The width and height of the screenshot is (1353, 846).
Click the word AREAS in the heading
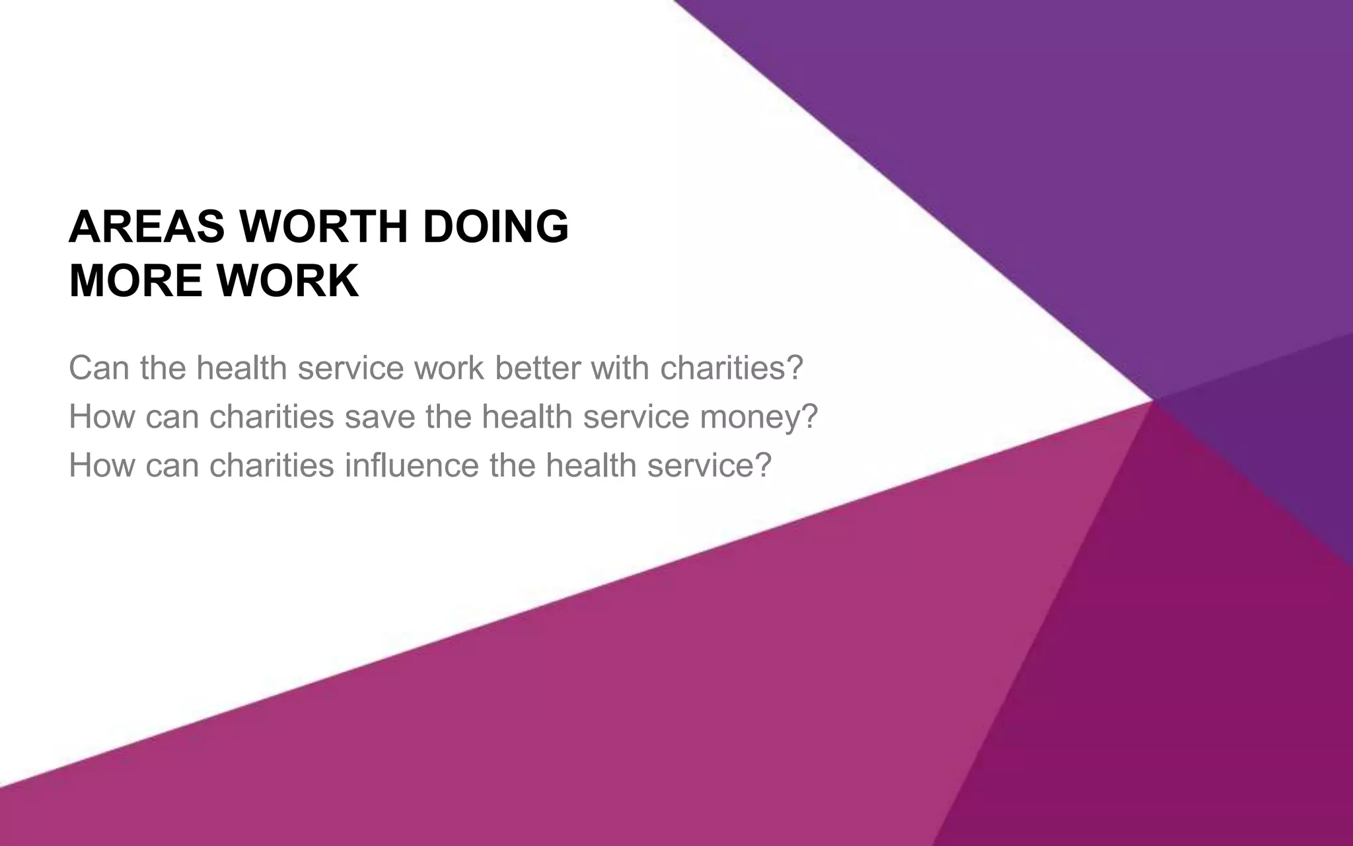[x=147, y=227]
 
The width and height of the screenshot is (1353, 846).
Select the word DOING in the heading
[x=495, y=227]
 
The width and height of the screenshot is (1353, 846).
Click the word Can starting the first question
[x=98, y=368]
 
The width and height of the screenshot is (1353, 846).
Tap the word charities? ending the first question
[x=731, y=368]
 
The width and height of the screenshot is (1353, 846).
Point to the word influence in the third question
[x=412, y=465]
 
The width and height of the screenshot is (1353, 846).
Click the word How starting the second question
[x=101, y=417]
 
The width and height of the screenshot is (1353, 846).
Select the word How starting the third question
[x=101, y=465]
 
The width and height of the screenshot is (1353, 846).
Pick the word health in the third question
[x=591, y=465]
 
